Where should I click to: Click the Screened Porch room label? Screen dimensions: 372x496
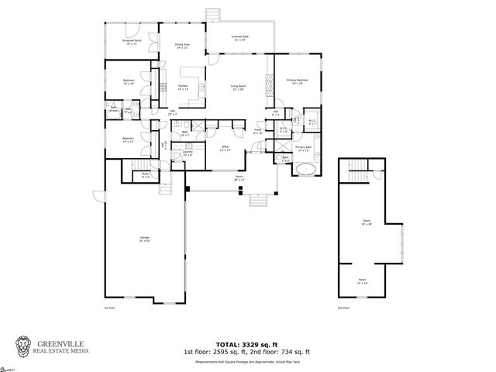(130, 42)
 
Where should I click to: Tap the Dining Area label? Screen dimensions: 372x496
(181, 46)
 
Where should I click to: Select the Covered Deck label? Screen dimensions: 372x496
(239, 37)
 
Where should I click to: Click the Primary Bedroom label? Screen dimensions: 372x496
(296, 81)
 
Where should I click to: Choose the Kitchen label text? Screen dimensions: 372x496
(184, 88)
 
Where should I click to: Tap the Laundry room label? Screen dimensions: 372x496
(188, 153)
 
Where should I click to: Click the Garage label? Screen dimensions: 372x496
(145, 239)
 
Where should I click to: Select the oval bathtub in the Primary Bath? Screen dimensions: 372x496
(307, 168)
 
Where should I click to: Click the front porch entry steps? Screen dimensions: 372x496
(257, 201)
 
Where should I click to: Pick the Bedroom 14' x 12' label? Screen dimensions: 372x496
(128, 140)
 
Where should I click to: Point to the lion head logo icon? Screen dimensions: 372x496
(24, 346)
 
